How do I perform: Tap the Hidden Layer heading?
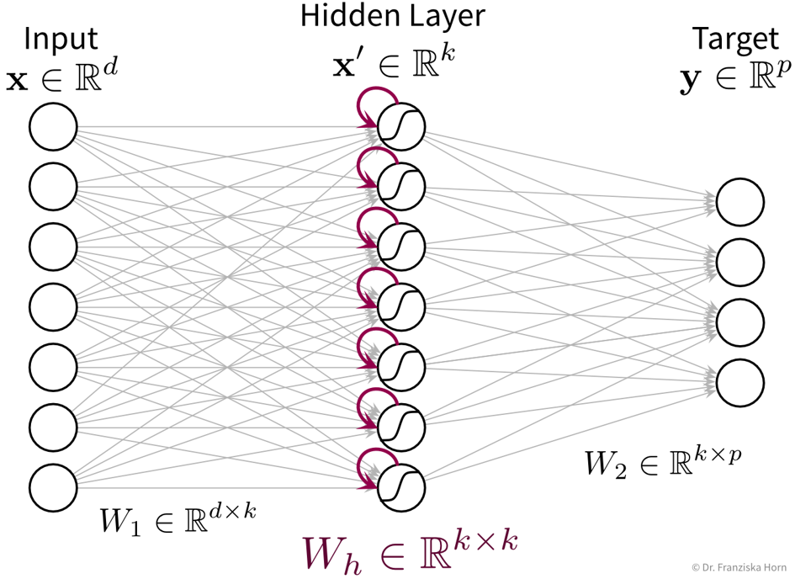(x=393, y=15)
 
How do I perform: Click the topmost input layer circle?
(x=54, y=128)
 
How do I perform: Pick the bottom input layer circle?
(x=54, y=486)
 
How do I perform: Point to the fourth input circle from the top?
(x=54, y=306)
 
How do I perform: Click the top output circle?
(x=740, y=202)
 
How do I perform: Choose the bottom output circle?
(x=740, y=383)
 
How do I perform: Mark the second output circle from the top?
(x=740, y=262)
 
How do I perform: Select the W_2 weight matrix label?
(x=662, y=460)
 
